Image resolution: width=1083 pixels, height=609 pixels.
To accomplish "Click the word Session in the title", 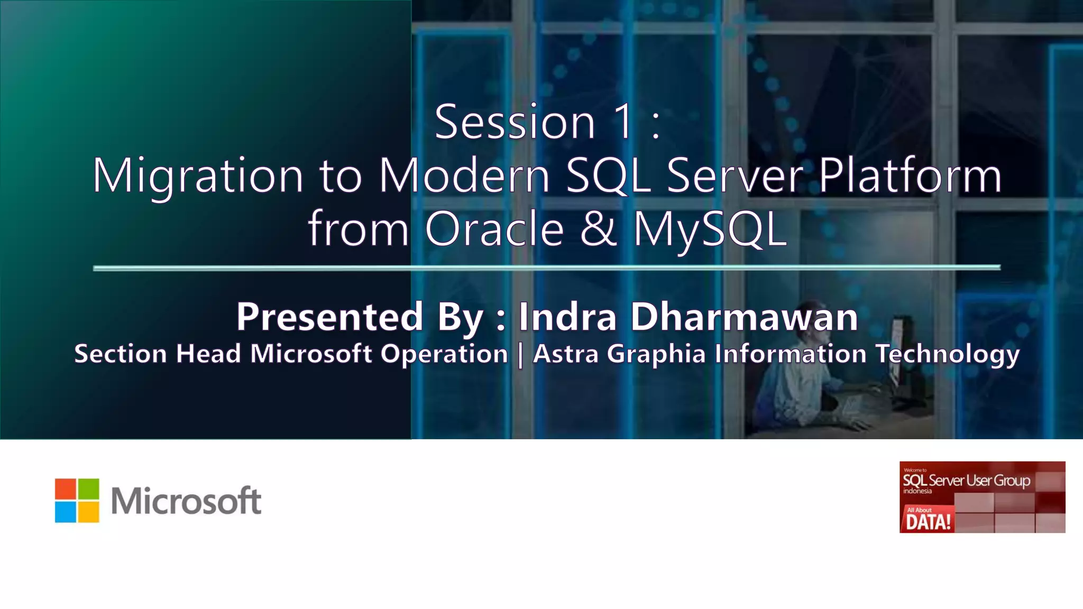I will click(x=515, y=123).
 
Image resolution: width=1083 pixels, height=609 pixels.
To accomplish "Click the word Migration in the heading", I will click(x=198, y=177).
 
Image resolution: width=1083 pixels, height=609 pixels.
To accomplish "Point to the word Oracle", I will click(x=494, y=229).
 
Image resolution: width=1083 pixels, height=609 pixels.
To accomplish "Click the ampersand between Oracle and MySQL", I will click(x=598, y=228).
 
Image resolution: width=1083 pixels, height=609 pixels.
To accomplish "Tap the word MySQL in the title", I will click(x=710, y=229).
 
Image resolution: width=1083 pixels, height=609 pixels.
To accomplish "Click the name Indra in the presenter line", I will click(x=567, y=317).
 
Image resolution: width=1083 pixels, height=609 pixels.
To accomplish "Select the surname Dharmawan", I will click(x=744, y=317).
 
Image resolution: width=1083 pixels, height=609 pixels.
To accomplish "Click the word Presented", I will click(x=329, y=317).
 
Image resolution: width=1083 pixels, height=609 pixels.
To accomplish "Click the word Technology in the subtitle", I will click(x=947, y=354).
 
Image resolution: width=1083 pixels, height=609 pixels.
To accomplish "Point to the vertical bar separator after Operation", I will click(x=520, y=354).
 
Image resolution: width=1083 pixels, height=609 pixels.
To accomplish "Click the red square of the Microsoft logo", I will click(x=66, y=489).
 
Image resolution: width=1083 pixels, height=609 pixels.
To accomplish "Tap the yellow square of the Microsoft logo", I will click(x=89, y=512).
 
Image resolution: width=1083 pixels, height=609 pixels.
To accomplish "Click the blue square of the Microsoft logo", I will click(x=66, y=512).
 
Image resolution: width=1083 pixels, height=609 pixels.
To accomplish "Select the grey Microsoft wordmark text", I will click(x=186, y=501).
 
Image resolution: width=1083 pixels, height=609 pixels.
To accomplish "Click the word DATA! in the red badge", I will click(x=928, y=522).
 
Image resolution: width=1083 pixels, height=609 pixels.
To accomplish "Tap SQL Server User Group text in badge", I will click(x=966, y=481).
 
